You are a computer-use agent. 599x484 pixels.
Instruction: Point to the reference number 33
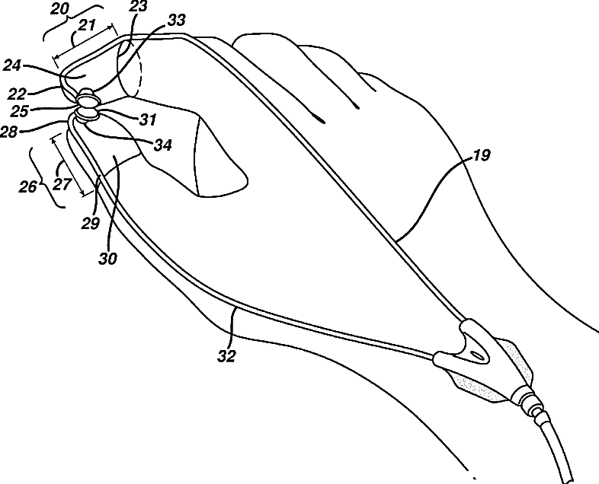click(x=175, y=22)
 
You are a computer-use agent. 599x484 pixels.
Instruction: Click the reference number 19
click(x=481, y=157)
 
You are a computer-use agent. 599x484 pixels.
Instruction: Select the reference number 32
click(x=226, y=354)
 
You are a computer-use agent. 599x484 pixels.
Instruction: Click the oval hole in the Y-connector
click(x=478, y=355)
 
